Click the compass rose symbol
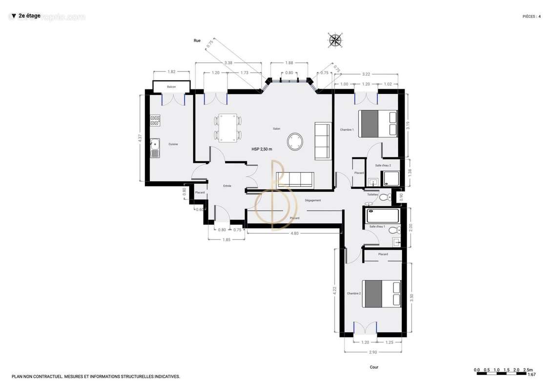tap(335, 40)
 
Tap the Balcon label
tap(171, 87)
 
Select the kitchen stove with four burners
tap(155, 120)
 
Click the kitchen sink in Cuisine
tap(155, 148)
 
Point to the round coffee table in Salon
tap(295, 142)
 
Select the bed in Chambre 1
tap(378, 123)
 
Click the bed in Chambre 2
tap(381, 293)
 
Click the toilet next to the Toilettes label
tap(384, 197)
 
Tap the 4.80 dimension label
tap(295, 234)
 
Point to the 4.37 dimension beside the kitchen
tap(140, 138)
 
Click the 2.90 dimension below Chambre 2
tap(373, 352)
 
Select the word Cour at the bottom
tap(374, 367)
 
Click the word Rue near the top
tap(197, 41)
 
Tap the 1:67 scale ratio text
tap(532, 375)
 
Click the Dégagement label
tap(313, 200)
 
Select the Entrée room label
tap(227, 186)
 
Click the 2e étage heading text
tap(29, 16)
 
